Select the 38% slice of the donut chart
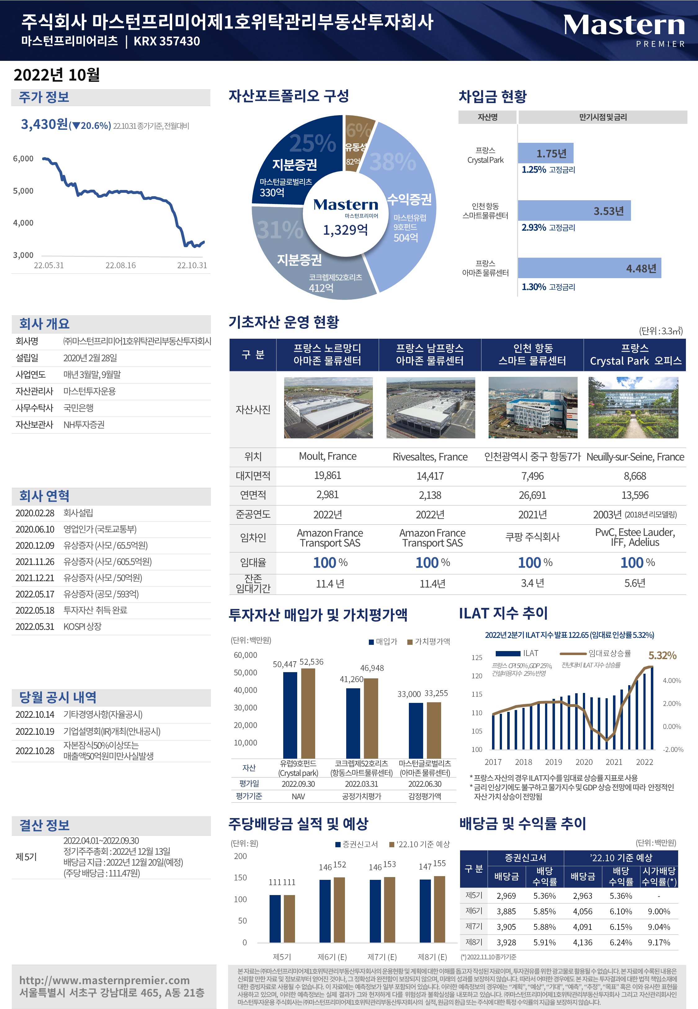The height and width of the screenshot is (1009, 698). click(x=405, y=206)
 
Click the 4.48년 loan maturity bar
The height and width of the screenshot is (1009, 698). click(x=589, y=268)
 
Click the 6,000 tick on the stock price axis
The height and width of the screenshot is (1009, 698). click(x=23, y=159)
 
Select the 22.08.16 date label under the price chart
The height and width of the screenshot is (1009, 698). click(x=121, y=265)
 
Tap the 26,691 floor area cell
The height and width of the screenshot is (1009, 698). click(x=532, y=495)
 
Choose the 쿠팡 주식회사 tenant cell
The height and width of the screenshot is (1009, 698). click(x=532, y=537)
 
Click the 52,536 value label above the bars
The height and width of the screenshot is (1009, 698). click(x=311, y=662)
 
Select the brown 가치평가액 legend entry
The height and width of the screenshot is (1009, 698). click(x=429, y=641)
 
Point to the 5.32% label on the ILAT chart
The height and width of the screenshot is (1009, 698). click(x=662, y=655)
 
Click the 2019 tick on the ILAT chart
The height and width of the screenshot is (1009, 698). click(x=553, y=762)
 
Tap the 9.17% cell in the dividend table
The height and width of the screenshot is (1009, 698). click(x=659, y=943)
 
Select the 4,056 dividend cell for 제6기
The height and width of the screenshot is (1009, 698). click(x=583, y=912)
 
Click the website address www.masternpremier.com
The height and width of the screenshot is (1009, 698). click(x=105, y=980)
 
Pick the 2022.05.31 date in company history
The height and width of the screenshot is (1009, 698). click(x=35, y=627)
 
